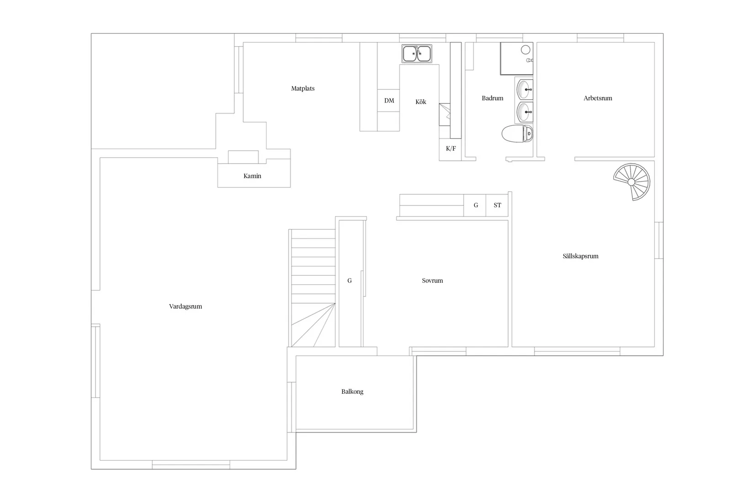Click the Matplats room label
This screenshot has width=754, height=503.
tap(303, 89)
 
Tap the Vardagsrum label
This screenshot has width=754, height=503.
tap(186, 306)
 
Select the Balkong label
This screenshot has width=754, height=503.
tap(352, 392)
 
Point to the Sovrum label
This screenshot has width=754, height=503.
tap(432, 281)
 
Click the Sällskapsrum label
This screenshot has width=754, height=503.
tap(580, 256)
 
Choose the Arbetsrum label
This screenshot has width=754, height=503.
tap(598, 98)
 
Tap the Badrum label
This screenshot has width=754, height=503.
tap(493, 98)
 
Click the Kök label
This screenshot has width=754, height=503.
tap(421, 102)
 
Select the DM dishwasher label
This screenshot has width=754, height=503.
tap(389, 101)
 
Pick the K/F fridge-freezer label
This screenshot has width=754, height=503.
tap(451, 149)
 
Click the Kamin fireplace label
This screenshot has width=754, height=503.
tap(252, 176)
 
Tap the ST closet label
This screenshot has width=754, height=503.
tap(497, 205)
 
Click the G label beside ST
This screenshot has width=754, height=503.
tap(476, 205)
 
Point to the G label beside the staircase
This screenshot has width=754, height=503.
tap(350, 281)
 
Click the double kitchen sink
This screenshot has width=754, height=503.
tap(417, 54)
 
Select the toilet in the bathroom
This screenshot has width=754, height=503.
tap(517, 134)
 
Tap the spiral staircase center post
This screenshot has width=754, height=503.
tap(632, 182)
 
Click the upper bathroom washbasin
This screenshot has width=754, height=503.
tap(525, 90)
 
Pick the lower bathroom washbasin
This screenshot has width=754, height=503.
tap(525, 112)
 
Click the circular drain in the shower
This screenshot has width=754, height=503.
tap(526, 50)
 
